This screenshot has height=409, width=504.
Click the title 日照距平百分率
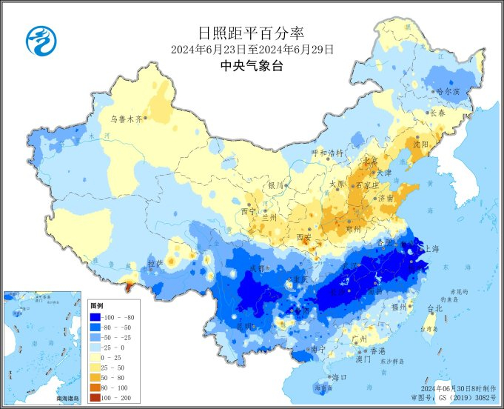(252, 33)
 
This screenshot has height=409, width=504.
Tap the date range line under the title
(252, 50)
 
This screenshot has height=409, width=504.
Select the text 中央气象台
(252, 65)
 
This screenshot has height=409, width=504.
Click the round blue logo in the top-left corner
(40, 40)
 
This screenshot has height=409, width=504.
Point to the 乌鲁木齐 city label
(126, 118)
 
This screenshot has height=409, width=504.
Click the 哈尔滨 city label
(448, 92)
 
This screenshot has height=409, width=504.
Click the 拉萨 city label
(155, 263)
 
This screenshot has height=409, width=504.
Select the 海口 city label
(340, 377)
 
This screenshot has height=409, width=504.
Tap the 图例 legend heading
(97, 305)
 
